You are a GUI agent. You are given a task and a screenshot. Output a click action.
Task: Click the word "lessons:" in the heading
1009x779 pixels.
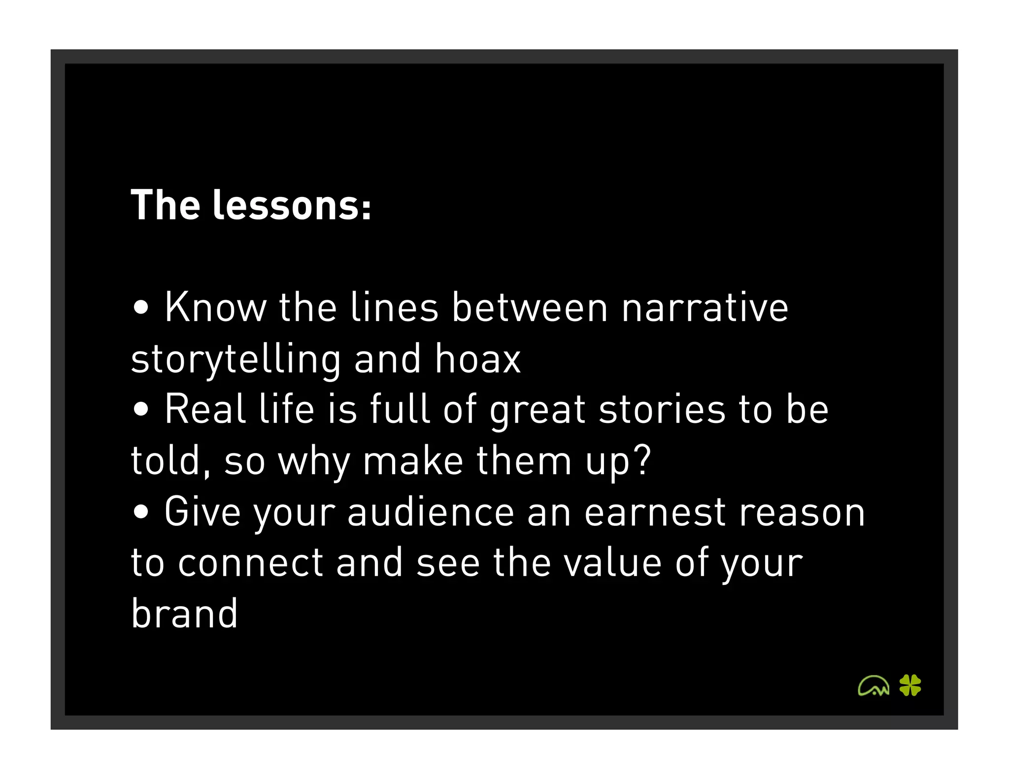coord(292,205)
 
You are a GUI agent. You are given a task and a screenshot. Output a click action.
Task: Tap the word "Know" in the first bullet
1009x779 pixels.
coord(215,307)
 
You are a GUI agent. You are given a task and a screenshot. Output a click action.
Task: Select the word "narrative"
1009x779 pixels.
coord(705,307)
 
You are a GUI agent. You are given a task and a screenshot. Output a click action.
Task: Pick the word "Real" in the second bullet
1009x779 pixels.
coord(205,409)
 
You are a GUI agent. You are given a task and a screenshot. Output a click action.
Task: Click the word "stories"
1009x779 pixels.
coord(662,409)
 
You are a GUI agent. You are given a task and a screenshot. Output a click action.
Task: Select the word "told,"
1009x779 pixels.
coord(171,461)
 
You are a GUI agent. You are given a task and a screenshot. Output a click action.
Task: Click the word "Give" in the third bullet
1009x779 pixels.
coord(202,512)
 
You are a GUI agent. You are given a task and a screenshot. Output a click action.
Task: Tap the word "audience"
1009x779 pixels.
coord(431,512)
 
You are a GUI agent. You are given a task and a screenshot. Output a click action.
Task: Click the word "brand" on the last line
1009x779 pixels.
coord(185,614)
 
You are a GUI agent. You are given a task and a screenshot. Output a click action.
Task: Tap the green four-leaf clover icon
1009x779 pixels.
coord(910,685)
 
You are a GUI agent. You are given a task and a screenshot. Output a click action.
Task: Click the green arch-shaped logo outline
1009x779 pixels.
coord(873,685)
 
